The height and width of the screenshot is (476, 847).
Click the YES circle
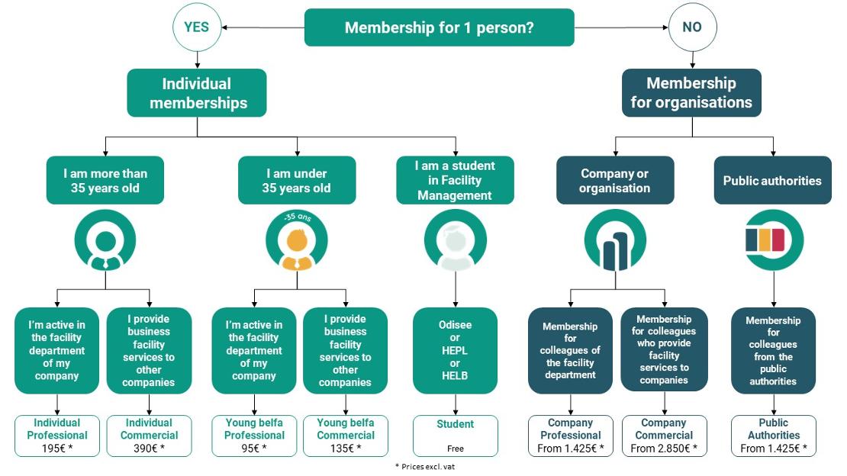pos(197,27)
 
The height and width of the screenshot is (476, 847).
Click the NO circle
pos(693,27)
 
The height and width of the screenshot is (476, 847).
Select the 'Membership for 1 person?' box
pos(440,27)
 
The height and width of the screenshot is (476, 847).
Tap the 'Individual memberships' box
pos(197,93)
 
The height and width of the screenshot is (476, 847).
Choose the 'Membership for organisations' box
pos(691,93)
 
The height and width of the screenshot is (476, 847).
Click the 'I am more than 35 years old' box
pos(105,181)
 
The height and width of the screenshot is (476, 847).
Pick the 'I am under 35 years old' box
pos(297,181)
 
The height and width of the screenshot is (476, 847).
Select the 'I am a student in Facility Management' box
pos(455,181)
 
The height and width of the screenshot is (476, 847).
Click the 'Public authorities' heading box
pos(772,181)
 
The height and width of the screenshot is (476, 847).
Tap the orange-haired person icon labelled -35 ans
pos(297,240)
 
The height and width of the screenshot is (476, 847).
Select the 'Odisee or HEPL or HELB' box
pos(455,351)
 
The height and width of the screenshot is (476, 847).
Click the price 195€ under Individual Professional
pos(57,449)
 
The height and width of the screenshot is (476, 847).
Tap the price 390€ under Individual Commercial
pos(149,449)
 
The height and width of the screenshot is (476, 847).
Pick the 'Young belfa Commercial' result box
pos(346,436)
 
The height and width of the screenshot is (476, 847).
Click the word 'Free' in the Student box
pos(456,449)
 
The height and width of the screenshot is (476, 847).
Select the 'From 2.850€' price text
pos(664,449)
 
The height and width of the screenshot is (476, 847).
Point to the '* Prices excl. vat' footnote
pos(425,466)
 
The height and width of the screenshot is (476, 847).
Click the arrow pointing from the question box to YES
pos(263,27)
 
